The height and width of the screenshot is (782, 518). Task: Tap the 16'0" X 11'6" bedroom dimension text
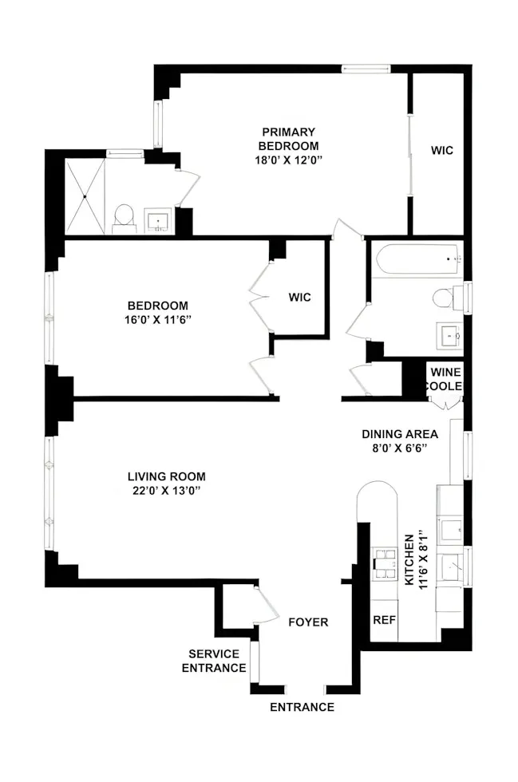tap(158, 320)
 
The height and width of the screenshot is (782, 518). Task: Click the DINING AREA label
tap(400, 434)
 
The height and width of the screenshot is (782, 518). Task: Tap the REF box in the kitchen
tap(384, 620)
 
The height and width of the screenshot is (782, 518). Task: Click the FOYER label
tap(308, 622)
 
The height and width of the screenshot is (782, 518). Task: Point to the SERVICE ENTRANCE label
tap(214, 661)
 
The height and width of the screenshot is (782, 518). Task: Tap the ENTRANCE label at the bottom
tap(302, 707)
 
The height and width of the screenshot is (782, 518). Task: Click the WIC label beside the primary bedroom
tap(442, 150)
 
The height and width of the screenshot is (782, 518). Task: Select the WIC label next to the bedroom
tap(300, 298)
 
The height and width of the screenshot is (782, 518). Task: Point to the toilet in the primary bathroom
tap(125, 216)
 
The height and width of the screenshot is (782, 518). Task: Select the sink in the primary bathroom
tap(159, 219)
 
